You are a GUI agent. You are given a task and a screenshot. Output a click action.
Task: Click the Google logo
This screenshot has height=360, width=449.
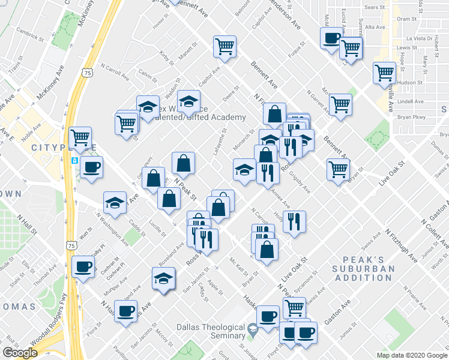19,353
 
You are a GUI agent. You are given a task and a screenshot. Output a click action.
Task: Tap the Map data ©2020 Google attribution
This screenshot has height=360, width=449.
411,355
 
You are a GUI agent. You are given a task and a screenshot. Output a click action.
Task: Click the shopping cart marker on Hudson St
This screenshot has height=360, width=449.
384,73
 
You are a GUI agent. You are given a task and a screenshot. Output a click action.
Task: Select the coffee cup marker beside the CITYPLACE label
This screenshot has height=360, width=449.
91,167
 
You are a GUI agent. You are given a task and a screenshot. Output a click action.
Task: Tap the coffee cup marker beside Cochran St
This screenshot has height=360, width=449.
83,266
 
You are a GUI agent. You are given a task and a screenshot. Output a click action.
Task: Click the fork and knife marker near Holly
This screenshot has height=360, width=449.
295,221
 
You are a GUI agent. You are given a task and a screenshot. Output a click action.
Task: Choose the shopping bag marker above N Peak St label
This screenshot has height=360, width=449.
183,163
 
